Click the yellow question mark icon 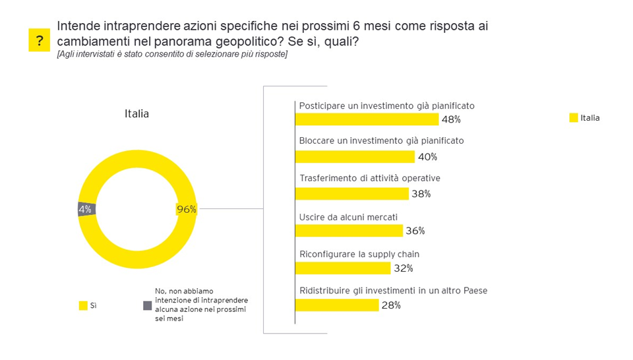[x=39, y=41]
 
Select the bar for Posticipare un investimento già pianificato [x=366, y=119]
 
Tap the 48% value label [x=452, y=119]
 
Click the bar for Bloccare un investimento [x=354, y=156]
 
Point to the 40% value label [x=427, y=157]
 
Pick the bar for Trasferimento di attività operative [x=351, y=194]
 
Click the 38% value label [x=421, y=194]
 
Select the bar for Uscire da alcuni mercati [x=348, y=231]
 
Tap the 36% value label [x=415, y=231]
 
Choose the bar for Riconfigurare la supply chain [x=342, y=268]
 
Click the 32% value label [x=404, y=268]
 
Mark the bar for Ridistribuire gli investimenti [x=336, y=305]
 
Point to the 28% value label [x=391, y=305]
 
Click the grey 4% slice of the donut [x=86, y=210]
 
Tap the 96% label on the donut [x=187, y=210]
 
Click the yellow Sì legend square [x=82, y=305]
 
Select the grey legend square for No [x=147, y=305]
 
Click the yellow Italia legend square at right [x=573, y=118]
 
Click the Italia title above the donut [x=136, y=113]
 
